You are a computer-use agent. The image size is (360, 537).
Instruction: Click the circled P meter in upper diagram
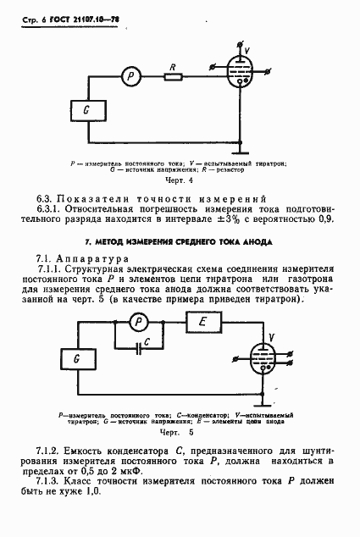[x=130, y=76]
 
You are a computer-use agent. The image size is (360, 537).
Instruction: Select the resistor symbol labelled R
[x=174, y=77]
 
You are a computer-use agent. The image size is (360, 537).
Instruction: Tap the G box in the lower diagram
[x=77, y=358]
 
